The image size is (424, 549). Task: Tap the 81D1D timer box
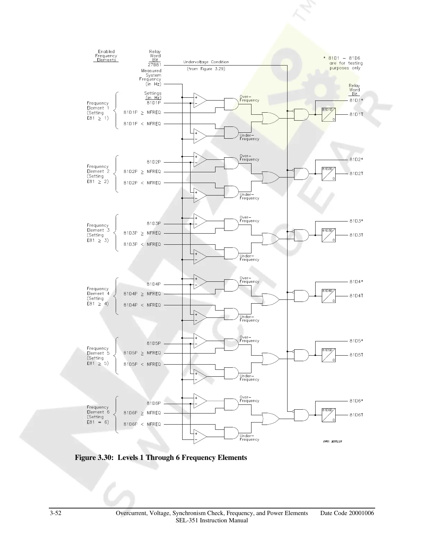tap(328, 114)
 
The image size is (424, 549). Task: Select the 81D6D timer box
tap(328, 415)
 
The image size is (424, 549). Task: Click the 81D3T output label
tap(356, 235)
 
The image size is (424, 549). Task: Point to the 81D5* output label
tap(356, 341)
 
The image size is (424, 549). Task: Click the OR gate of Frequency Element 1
tap(271, 118)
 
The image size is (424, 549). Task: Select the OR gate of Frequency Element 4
tap(271, 300)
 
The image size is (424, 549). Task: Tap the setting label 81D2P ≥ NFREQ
tap(142, 172)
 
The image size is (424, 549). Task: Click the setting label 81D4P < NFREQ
tap(142, 305)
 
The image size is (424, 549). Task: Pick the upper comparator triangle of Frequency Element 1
tap(200, 100)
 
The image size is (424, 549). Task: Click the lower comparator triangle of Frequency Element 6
tap(200, 436)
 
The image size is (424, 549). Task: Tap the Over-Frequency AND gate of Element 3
tap(231, 225)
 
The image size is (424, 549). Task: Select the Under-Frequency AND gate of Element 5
tap(231, 373)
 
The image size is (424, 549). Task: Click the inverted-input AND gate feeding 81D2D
tap(301, 174)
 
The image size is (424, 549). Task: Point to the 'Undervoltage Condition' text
tap(206, 62)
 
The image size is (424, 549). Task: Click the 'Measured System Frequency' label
tap(150, 77)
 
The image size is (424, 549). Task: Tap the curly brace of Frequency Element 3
tap(117, 233)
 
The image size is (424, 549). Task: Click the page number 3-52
tap(56, 513)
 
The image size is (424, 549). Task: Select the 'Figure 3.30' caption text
tap(161, 458)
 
